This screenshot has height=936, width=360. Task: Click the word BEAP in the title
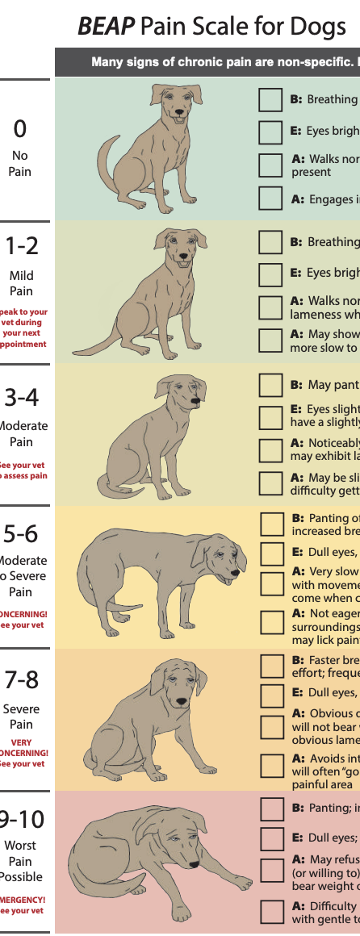105,27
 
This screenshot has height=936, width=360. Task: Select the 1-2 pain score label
21,245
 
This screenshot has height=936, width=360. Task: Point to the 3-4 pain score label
22,396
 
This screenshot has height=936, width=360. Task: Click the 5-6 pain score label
22,533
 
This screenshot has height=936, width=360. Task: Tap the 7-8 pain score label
22,680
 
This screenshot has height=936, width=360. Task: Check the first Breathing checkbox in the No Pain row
270,99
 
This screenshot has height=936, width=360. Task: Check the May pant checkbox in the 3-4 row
270,385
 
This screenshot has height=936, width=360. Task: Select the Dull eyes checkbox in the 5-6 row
271,553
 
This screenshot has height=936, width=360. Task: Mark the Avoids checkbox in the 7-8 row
271,765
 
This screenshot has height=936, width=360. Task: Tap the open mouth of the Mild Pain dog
185,261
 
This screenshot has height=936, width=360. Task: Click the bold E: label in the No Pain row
296,131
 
